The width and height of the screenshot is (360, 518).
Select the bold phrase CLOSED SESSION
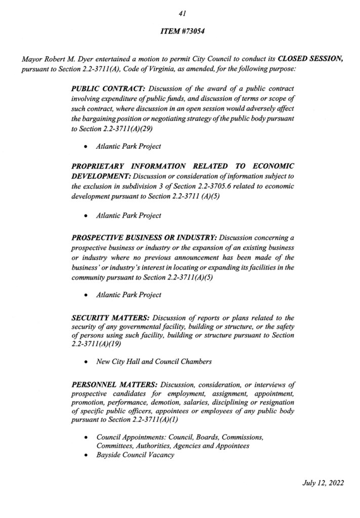[311, 59]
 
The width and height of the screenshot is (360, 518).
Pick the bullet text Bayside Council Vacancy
[135, 455]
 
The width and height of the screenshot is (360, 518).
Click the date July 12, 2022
[323, 483]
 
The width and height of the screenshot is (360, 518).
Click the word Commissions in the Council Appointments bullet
[243, 437]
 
